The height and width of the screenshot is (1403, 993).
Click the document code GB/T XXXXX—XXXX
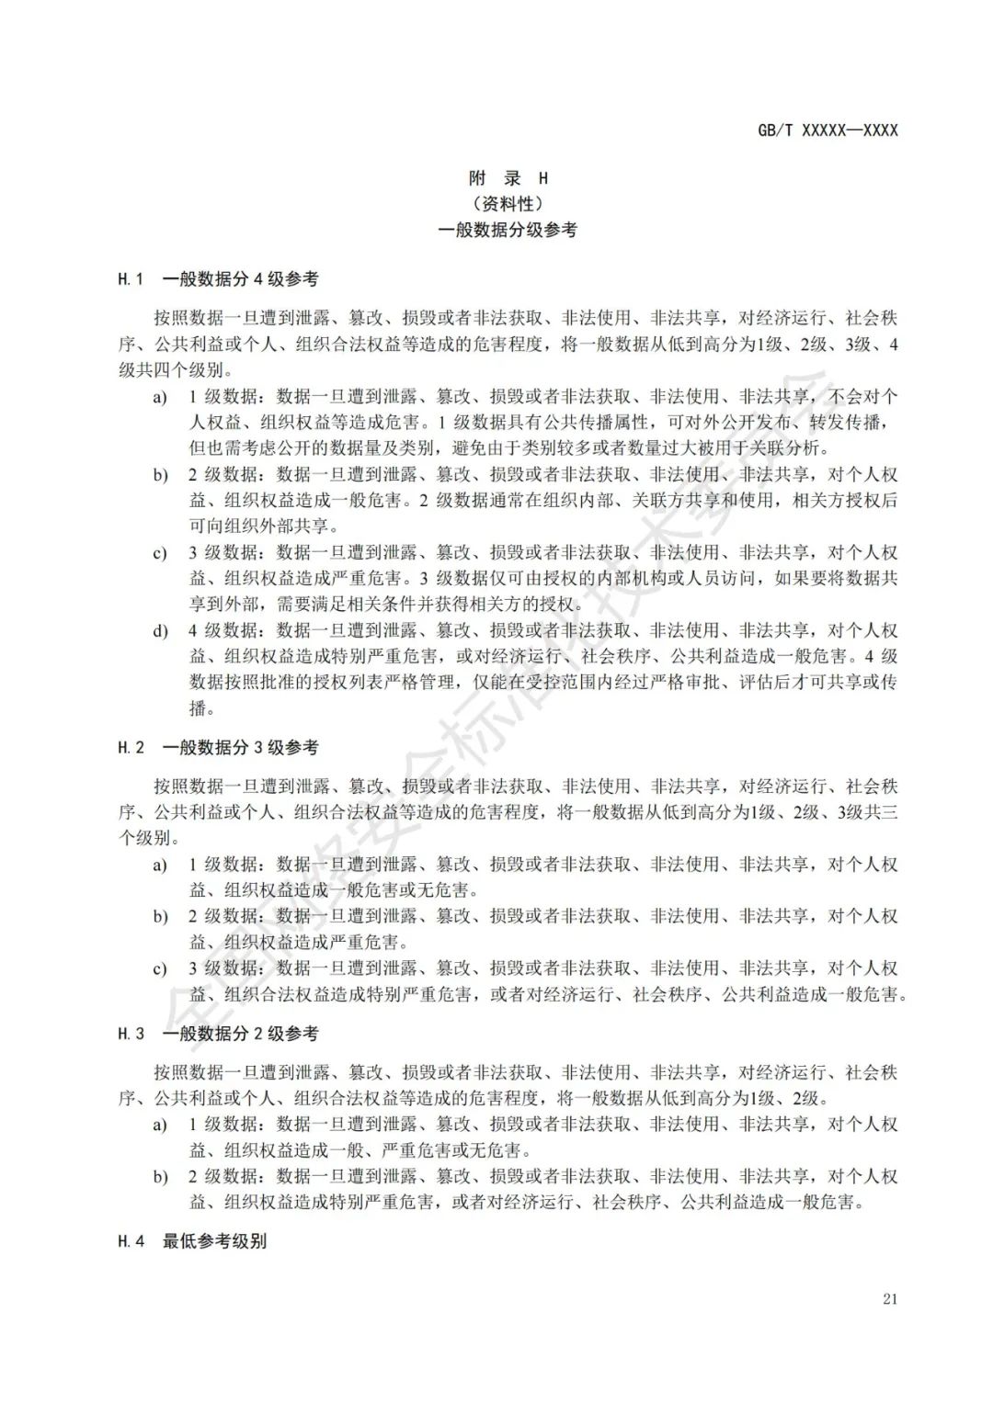[x=827, y=130]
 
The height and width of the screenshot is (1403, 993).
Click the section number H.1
[x=131, y=278]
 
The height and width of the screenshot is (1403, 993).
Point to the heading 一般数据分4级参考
[x=240, y=278]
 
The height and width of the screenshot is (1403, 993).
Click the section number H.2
[x=131, y=747]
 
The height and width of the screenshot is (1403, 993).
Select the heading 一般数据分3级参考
[x=240, y=747]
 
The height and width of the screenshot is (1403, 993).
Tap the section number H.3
[x=131, y=1034]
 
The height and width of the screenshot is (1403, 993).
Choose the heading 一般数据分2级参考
[x=240, y=1034]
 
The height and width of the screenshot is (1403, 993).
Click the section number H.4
[x=131, y=1240]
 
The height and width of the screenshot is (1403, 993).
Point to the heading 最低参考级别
[x=214, y=1240]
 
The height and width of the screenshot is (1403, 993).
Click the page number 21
[x=888, y=1298]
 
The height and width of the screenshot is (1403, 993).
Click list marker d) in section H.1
[x=160, y=631]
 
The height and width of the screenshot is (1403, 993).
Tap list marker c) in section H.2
[x=160, y=968]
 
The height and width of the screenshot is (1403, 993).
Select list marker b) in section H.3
[x=160, y=1177]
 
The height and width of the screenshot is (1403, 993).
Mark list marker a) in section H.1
[x=160, y=397]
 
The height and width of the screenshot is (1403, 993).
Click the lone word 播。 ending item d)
[x=201, y=708]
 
